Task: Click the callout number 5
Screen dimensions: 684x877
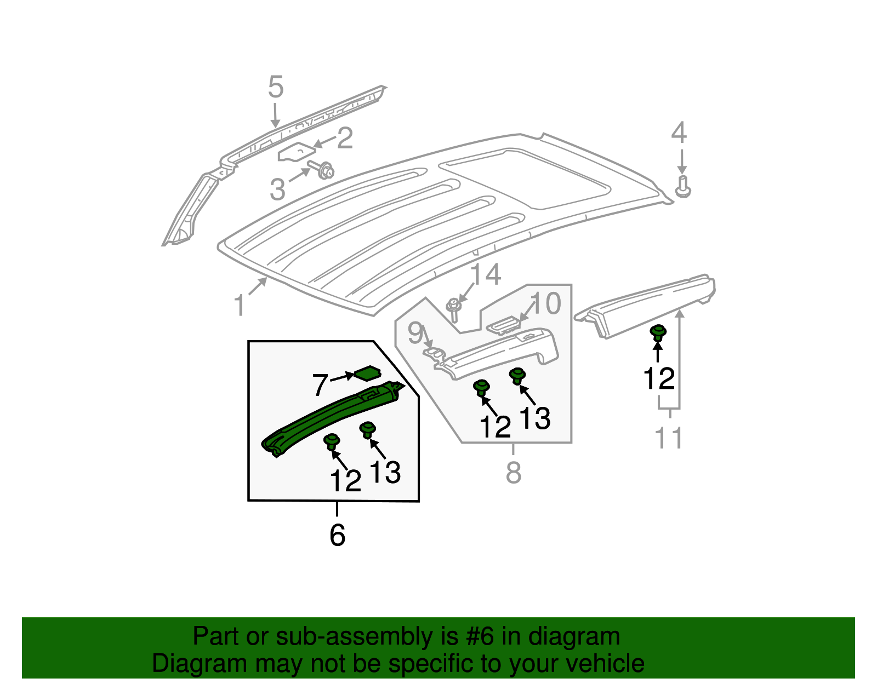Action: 276,88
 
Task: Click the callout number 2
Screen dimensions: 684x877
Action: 345,139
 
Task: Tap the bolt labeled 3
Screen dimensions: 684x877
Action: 323,170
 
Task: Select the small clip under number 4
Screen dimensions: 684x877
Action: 682,187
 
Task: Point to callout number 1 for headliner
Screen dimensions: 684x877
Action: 239,306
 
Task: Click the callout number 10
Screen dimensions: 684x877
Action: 546,303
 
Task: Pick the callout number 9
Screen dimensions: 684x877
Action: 415,332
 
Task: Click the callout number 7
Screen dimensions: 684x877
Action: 320,385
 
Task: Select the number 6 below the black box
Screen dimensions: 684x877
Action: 337,535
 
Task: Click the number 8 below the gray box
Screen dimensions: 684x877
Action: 514,473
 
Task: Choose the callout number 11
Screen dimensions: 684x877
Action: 669,438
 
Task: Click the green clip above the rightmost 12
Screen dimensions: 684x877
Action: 658,333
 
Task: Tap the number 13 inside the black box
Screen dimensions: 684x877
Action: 385,472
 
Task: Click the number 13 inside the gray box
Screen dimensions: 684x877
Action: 534,419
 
